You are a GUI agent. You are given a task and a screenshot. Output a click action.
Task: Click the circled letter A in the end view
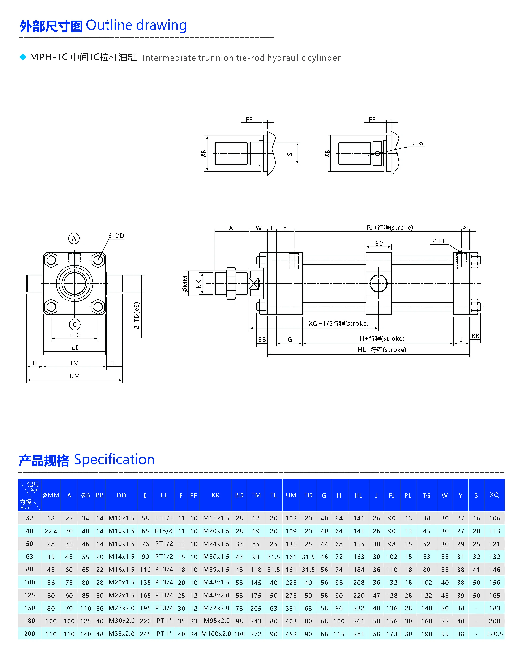click(x=74, y=238)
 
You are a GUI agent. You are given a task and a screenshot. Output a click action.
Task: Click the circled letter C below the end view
click(x=75, y=325)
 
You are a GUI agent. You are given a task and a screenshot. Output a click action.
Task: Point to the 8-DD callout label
click(x=116, y=236)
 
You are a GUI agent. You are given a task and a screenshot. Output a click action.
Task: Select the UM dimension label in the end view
click(x=75, y=376)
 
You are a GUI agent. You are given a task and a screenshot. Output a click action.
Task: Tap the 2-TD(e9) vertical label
click(x=137, y=315)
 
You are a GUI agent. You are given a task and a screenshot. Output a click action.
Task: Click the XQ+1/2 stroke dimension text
click(x=338, y=323)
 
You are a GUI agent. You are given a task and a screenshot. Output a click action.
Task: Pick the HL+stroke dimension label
click(x=382, y=350)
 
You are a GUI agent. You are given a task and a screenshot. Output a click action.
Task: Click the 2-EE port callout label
click(x=439, y=241)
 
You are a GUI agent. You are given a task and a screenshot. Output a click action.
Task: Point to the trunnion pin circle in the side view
click(x=379, y=283)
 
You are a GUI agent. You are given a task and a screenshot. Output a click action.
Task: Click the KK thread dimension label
click(x=199, y=284)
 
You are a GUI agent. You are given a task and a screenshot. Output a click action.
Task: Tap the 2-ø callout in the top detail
click(x=418, y=144)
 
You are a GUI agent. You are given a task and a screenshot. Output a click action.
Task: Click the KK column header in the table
click(x=216, y=495)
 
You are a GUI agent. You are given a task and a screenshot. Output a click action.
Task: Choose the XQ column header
click(x=494, y=495)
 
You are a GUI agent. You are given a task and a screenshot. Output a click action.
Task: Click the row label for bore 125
click(x=30, y=595)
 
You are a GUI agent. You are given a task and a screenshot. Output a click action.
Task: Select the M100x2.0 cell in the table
click(x=216, y=634)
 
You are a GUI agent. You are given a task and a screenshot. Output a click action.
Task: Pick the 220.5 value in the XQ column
click(x=494, y=634)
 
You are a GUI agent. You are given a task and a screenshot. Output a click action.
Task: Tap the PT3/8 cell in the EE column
click(x=164, y=531)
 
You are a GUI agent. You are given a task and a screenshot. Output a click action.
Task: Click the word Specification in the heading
click(x=114, y=460)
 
